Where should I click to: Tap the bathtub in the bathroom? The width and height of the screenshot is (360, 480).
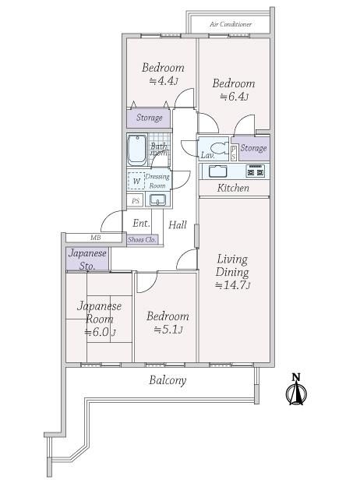pos(136,150)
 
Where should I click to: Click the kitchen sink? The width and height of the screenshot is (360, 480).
pos(217,171)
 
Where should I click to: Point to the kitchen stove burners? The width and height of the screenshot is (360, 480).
pos(256,171)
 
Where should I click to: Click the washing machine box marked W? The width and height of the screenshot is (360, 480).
pos(136,181)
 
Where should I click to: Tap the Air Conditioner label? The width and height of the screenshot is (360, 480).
pos(231,24)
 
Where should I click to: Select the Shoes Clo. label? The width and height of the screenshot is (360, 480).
pos(142,240)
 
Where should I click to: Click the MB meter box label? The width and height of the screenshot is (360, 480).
pos(96,237)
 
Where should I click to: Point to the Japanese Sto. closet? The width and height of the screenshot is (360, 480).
pos(88,259)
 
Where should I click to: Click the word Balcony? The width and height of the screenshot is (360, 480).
pos(168,380)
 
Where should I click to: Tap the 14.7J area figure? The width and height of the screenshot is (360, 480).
pos(233,285)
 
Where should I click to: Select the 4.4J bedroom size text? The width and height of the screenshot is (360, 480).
pos(164,81)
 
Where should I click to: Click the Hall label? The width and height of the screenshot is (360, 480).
pos(178,225)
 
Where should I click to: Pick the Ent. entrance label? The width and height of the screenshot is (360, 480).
pos(142,223)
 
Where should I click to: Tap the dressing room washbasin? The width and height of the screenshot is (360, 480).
pos(157,199)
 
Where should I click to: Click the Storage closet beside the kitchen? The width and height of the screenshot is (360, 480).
pos(254,148)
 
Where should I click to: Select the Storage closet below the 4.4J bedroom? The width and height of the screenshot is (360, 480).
pos(149,118)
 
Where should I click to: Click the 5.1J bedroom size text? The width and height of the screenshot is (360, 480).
pos(168,330)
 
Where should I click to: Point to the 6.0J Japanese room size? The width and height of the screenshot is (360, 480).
pos(100,332)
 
